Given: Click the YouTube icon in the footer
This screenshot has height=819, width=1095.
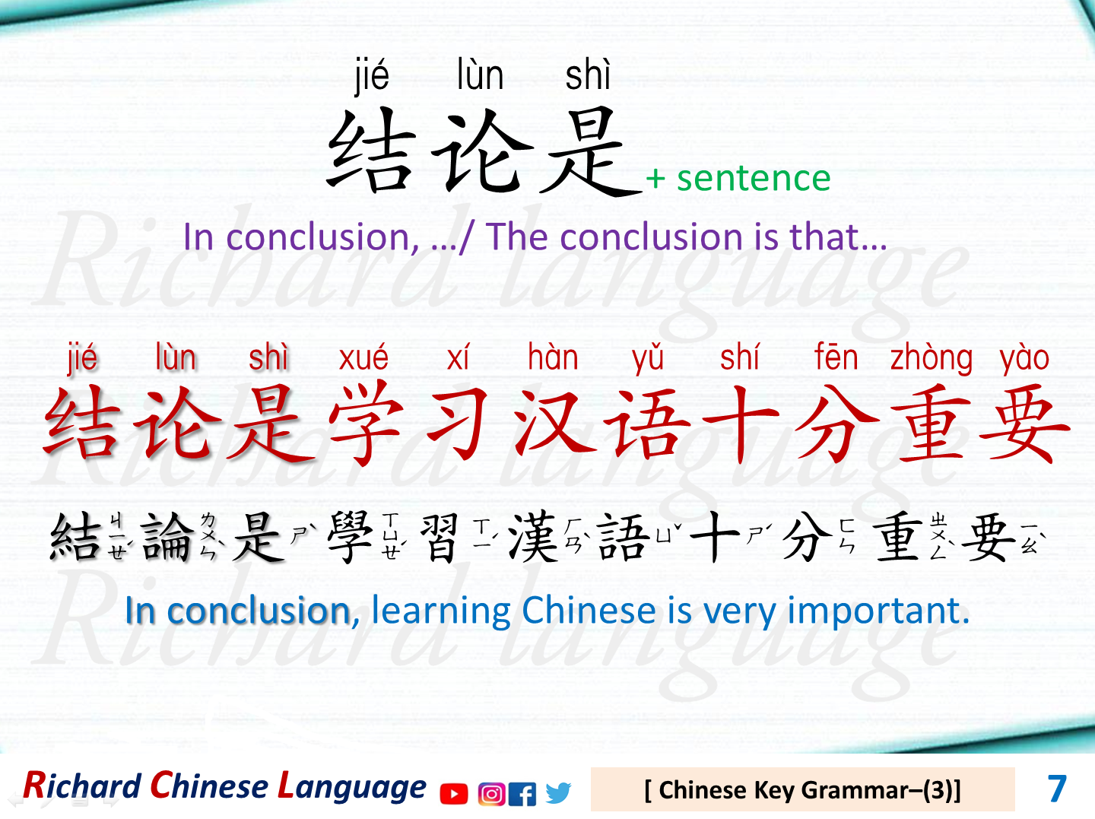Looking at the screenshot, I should coord(454,794).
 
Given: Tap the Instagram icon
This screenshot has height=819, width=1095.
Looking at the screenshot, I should coord(492,794).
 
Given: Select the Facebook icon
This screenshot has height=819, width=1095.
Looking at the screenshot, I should coord(522,794).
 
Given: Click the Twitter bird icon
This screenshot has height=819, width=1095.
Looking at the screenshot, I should coord(557,793).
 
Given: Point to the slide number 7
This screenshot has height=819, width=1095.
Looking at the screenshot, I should coord(1057,789).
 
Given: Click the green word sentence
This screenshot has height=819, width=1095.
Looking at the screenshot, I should coord(754,178).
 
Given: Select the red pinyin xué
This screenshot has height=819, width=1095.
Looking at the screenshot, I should coord(363,357).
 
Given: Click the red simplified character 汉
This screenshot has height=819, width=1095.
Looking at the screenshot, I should coord(554,423).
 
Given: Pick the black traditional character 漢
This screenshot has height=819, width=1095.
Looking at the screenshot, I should coord(533,537).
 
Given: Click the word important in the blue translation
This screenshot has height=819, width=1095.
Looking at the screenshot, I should coord(878,611).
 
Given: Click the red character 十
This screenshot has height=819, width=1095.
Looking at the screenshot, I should coord(741,423).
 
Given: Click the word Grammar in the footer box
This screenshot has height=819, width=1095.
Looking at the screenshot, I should coord(854,791).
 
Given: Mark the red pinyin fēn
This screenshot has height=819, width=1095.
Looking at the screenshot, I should coord(836,357).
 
